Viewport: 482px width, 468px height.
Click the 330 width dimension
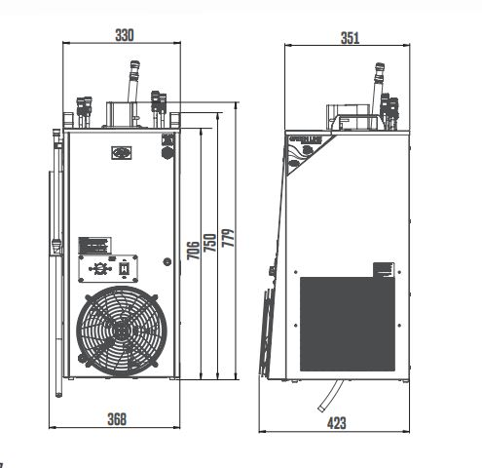coord(126,35)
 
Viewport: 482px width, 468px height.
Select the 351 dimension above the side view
coord(350,38)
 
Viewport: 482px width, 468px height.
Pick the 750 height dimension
coord(209,242)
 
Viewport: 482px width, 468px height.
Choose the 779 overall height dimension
coord(228,239)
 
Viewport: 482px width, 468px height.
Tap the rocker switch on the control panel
coord(124,266)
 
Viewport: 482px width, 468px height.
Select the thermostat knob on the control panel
coord(98,266)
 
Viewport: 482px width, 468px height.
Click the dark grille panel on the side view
coord(346,323)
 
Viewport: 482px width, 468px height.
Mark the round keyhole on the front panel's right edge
coord(165,151)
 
